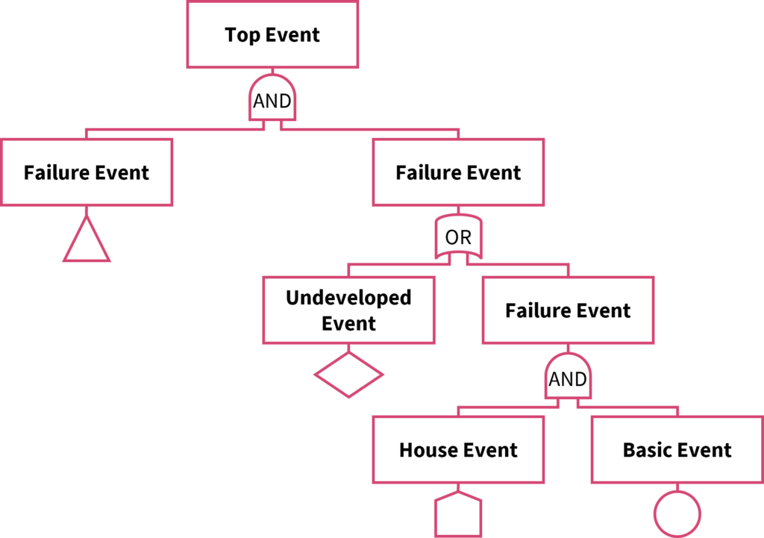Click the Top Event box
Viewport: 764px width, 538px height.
click(x=272, y=35)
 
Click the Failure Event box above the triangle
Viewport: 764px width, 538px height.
click(x=87, y=172)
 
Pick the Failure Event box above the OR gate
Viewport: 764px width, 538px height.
click(x=458, y=172)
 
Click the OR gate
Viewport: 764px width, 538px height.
click(x=458, y=238)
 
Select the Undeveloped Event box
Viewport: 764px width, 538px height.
click(x=348, y=310)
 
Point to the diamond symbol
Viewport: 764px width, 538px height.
click(x=348, y=373)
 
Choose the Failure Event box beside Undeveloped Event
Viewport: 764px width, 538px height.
click(x=568, y=310)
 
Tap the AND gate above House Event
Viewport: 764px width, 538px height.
click(x=568, y=378)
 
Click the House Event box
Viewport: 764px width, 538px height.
click(x=458, y=450)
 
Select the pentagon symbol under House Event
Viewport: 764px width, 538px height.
click(x=458, y=515)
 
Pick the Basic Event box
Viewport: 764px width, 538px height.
click(x=677, y=450)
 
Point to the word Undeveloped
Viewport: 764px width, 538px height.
click(x=348, y=298)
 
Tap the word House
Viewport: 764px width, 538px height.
click(x=428, y=450)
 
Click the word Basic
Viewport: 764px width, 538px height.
click(x=646, y=450)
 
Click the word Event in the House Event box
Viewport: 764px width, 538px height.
click(x=489, y=450)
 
